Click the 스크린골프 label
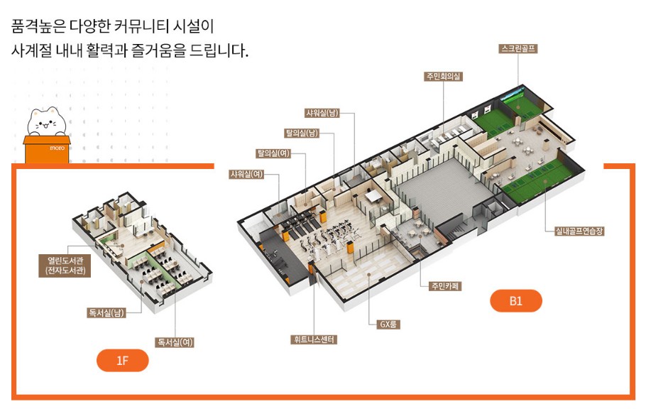(x=518, y=49)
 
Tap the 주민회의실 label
(x=444, y=76)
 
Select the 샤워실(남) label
(x=322, y=112)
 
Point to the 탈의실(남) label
(x=302, y=132)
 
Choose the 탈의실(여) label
(x=274, y=153)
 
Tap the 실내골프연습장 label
(x=583, y=231)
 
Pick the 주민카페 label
(x=445, y=286)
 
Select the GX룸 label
(x=388, y=325)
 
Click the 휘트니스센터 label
(x=313, y=339)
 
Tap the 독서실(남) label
(x=106, y=312)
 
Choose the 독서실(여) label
(x=175, y=342)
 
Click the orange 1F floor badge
(x=122, y=361)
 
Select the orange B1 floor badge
(x=515, y=301)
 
